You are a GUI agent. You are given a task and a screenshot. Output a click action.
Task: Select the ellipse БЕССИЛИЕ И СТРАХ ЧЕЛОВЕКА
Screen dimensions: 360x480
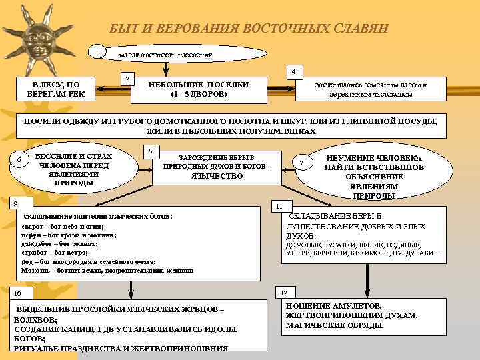tap(76, 169)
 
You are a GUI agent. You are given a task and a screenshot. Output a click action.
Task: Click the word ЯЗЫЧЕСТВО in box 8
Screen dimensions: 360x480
tap(217, 176)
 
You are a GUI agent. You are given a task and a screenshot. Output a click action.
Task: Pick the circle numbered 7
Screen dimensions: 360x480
tap(302, 164)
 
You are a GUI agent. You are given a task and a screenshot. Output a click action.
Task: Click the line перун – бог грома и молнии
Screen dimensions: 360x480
tap(63, 236)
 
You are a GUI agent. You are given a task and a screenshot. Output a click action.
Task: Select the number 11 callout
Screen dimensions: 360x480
tap(281, 205)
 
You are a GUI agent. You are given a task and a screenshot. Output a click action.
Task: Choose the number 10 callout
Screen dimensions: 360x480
tap(18, 293)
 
